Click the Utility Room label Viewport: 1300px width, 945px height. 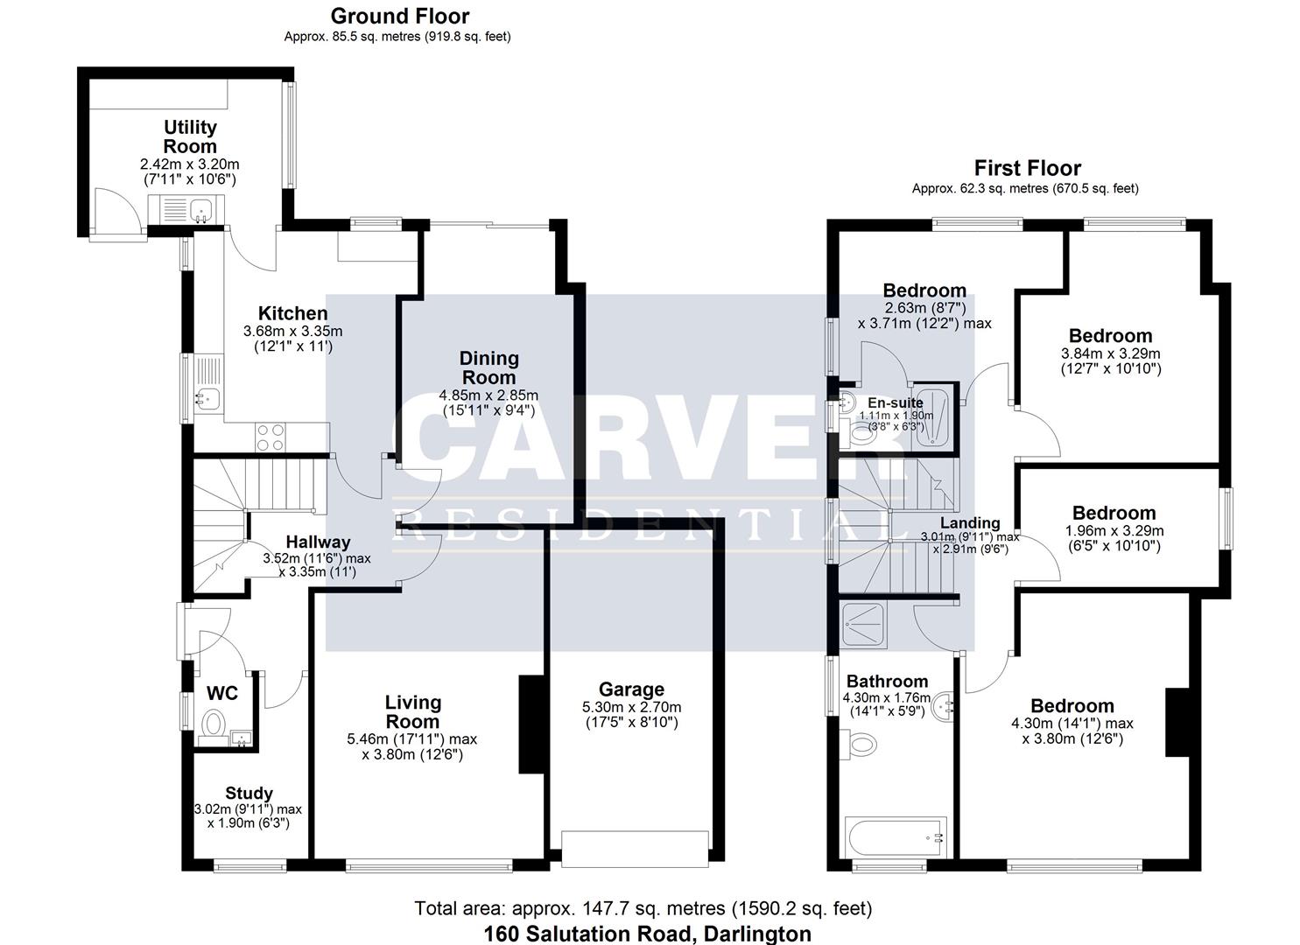point(190,137)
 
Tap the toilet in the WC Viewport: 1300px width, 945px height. point(213,724)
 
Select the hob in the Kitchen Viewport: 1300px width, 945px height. point(271,435)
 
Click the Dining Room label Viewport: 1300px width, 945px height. point(488,367)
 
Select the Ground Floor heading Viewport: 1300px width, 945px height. point(399,16)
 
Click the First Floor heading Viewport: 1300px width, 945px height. point(1028,168)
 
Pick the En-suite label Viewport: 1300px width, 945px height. point(895,402)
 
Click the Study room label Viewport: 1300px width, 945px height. point(249,794)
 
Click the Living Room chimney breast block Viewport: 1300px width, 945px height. point(531,724)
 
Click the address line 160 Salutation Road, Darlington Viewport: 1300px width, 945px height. point(647,934)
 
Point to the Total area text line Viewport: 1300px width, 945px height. point(643,908)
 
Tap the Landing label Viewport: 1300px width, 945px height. point(970,523)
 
